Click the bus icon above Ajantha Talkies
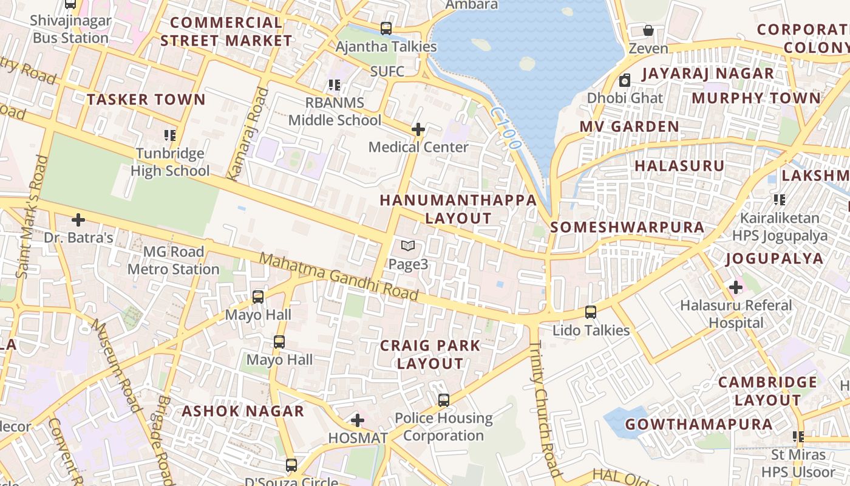pos(386,28)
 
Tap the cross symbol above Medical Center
pos(418,129)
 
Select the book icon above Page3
pos(408,246)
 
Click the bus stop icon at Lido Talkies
pos(591,312)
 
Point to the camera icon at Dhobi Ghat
pos(625,80)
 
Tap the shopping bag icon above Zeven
pos(648,30)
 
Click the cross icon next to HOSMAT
pos(358,420)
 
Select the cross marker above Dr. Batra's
pos(78,219)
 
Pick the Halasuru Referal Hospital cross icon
pos(736,287)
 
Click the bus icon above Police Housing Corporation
pos(444,400)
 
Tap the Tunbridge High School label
pos(170,162)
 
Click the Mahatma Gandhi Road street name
pos(339,277)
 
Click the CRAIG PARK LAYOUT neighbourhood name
pos(430,355)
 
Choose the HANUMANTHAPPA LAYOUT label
pos(458,209)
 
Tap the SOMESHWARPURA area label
pos(627,227)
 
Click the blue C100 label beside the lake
pos(506,129)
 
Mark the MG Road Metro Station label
pos(173,260)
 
